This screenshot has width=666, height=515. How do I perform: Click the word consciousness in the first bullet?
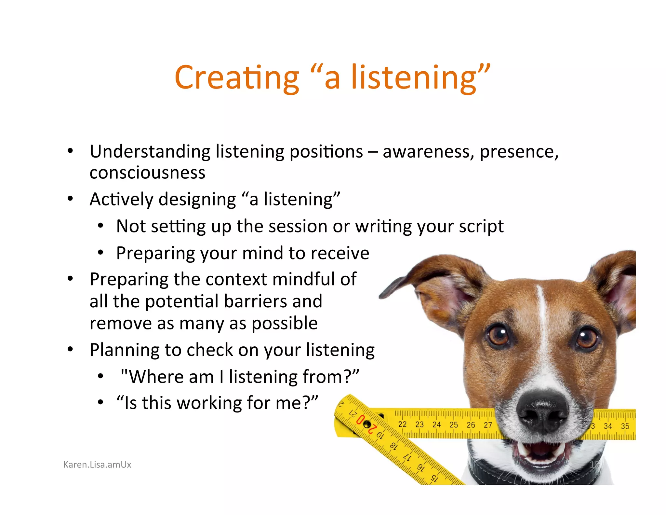coord(147,173)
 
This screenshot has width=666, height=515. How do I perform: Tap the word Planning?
coord(124,350)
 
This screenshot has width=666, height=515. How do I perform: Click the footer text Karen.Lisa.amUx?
coord(97,465)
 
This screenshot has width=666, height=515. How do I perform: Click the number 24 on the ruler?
coord(436,425)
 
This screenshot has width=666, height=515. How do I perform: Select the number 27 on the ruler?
coord(488,425)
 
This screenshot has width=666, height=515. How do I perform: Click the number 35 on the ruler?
coord(625,426)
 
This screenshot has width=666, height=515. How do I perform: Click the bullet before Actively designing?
coord(70,199)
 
